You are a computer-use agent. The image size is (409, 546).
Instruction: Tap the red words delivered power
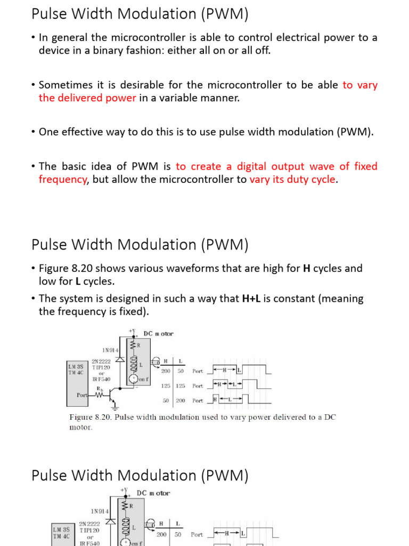pos(87,98)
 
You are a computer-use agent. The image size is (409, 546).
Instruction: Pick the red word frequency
pos(62,179)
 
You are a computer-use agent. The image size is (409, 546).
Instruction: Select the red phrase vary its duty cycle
pos(292,179)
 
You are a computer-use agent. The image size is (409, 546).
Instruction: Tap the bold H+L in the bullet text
pos(251,299)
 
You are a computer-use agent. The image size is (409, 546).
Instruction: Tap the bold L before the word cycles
pos(70,281)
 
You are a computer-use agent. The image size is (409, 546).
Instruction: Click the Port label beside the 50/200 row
pos(198,400)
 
